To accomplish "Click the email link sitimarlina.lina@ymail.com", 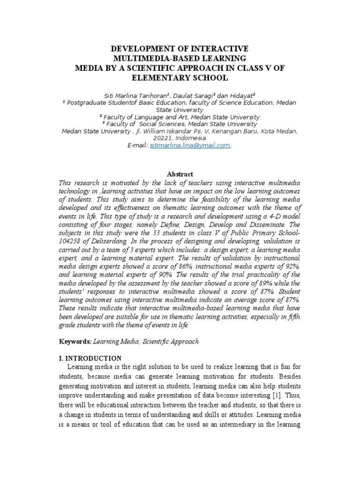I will click(189, 146).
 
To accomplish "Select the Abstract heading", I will click(180, 174).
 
